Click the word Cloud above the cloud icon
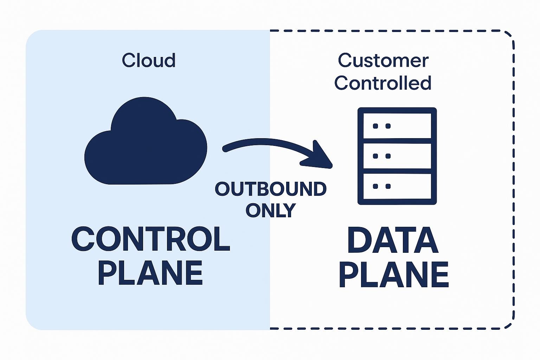pos(149,60)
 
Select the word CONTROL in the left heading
pos(150,239)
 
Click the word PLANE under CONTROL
pos(150,273)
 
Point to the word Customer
pos(383,60)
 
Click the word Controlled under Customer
pos(383,83)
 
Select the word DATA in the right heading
pos(393,241)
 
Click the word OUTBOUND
pos(271,189)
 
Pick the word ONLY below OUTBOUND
pos(271,210)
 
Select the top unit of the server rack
pos(397,126)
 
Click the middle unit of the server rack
pos(397,156)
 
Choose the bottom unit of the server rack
pos(397,186)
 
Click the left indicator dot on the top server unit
pos(375,126)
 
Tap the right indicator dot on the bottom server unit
pos(388,186)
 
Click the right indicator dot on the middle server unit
pos(388,156)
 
